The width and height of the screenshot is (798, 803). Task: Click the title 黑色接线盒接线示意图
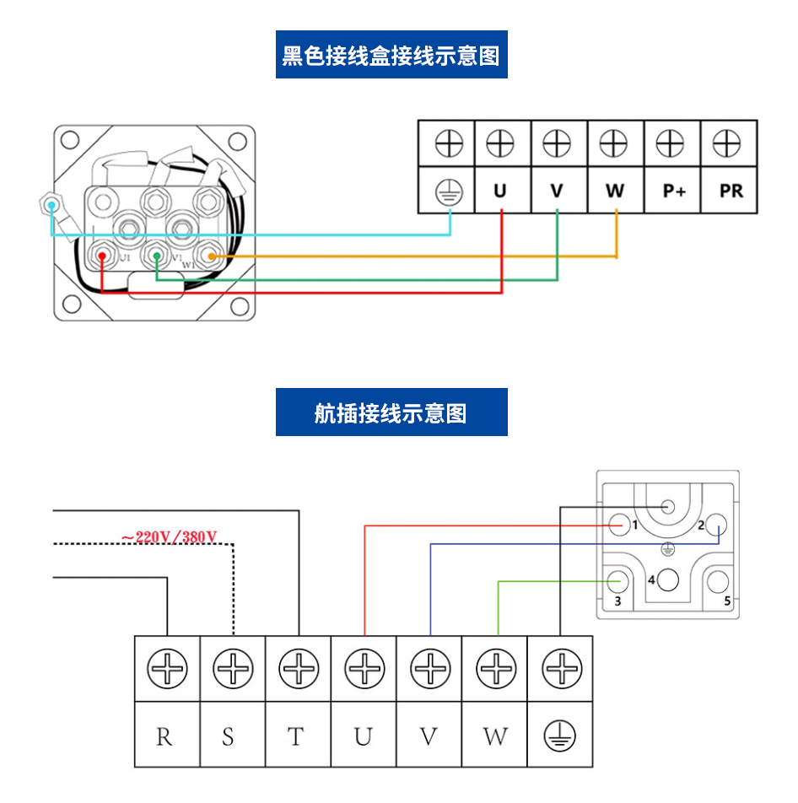point(391,56)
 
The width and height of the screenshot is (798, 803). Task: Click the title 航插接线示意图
point(391,412)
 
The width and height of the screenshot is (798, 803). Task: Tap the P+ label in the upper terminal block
point(673,191)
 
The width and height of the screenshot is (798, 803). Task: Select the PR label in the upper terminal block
point(731,191)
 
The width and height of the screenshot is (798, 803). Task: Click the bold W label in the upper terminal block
point(615,191)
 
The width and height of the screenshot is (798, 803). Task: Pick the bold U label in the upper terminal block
point(500,191)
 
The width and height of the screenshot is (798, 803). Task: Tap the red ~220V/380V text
point(169,536)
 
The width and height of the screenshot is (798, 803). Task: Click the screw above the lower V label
point(430,670)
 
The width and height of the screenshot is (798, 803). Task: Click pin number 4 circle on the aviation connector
point(669,579)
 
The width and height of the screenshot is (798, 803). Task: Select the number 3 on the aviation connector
point(617,601)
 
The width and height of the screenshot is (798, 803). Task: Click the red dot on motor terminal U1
point(101,254)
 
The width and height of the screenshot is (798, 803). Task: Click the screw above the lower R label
point(167,670)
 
